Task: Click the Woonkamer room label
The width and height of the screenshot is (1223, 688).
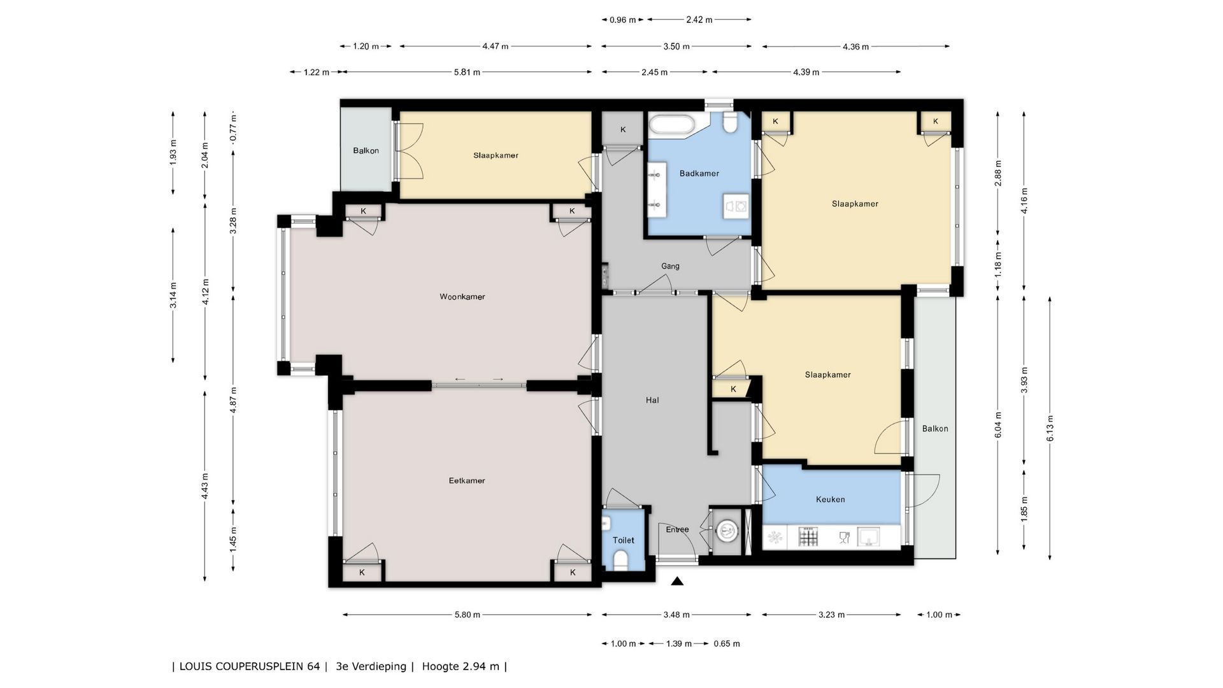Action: [462, 296]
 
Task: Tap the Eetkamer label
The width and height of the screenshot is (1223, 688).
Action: [467, 480]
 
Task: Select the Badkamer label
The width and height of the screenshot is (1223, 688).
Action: [699, 173]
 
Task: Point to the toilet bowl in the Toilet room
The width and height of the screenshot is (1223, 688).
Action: [620, 560]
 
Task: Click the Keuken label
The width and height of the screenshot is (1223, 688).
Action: [830, 499]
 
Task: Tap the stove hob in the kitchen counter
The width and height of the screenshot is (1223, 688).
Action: [808, 537]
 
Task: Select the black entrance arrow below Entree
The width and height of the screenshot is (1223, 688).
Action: [677, 581]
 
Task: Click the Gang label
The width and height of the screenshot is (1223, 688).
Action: [670, 266]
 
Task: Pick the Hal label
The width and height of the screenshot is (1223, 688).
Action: [652, 400]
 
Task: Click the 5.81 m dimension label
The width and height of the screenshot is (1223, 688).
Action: [467, 72]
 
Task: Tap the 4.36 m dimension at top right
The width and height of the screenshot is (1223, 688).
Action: [856, 47]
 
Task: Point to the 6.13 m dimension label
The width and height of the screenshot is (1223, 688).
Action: [1050, 427]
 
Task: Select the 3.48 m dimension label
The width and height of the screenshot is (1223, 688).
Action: [676, 615]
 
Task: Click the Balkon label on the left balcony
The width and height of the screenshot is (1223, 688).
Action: [366, 151]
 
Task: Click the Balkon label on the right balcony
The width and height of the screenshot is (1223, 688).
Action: [935, 429]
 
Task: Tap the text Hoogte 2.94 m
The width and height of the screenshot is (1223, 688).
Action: [462, 666]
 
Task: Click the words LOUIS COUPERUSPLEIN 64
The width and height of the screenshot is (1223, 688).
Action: [250, 666]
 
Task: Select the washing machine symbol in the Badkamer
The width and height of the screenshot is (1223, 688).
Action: [736, 206]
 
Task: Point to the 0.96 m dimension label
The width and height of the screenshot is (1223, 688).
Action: [622, 20]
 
